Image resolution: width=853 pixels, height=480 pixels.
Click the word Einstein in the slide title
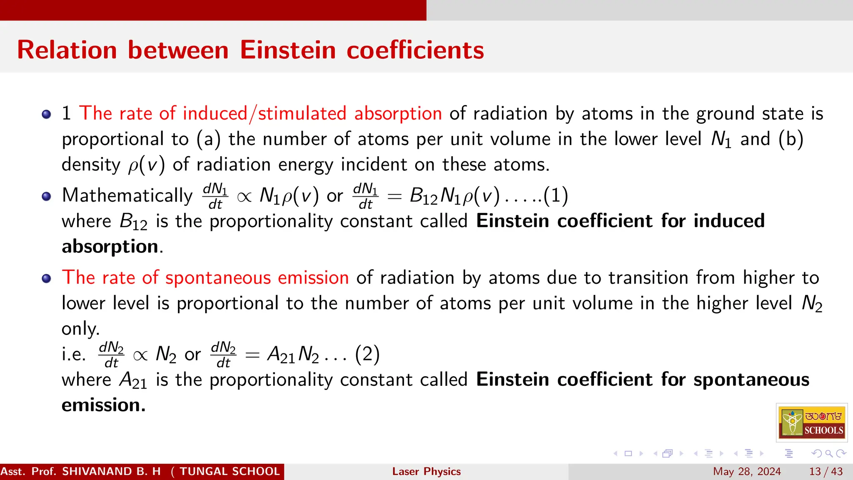288,50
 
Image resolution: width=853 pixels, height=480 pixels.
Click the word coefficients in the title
415,50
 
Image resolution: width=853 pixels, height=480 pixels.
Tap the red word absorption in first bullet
398,113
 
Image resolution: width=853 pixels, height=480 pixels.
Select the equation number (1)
556,195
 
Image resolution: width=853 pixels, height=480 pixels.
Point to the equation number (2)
367,355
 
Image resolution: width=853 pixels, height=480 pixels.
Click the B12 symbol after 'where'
133,221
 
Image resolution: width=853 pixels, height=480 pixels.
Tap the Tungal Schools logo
812,422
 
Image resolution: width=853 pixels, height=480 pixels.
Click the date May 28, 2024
747,471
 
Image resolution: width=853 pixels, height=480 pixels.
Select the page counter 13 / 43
826,471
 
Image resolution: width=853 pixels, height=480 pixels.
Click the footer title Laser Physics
426,471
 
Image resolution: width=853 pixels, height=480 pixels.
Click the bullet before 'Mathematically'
47,196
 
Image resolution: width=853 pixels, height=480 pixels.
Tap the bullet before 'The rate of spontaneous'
47,278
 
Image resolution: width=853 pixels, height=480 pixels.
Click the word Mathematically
127,195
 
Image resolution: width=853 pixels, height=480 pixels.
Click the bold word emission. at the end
104,405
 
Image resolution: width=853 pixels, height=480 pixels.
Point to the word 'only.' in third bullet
80,329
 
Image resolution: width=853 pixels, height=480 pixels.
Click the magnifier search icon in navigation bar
829,453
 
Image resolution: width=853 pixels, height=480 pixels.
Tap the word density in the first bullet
91,165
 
